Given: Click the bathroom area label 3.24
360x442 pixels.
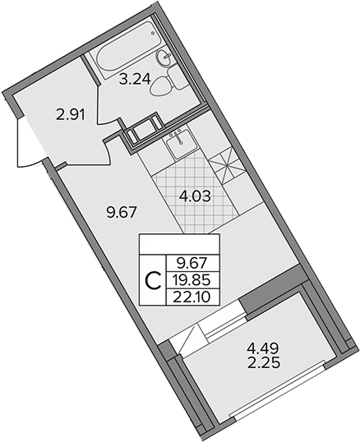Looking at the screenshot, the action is coord(135,79).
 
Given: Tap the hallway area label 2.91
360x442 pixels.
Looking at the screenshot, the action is coord(71,115).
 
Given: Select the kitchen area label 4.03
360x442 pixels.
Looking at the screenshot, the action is coord(195,196).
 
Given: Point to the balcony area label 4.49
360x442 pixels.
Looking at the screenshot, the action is coord(263,348).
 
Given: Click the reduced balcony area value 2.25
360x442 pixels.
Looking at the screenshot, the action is coord(263,363).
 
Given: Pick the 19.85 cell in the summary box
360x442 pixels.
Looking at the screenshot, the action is coord(193,280).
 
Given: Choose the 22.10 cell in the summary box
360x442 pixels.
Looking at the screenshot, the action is coord(193,297).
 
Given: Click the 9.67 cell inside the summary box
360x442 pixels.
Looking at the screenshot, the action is coord(193,264).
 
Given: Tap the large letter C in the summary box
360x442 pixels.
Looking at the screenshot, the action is coord(154,281).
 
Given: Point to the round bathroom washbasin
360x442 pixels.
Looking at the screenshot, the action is coord(164,58).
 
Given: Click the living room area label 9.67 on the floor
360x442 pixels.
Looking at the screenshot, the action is coord(122,212).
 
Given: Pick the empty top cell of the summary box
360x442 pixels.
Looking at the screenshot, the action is coord(179,244).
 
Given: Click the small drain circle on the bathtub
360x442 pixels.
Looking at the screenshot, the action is coord(153,33).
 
